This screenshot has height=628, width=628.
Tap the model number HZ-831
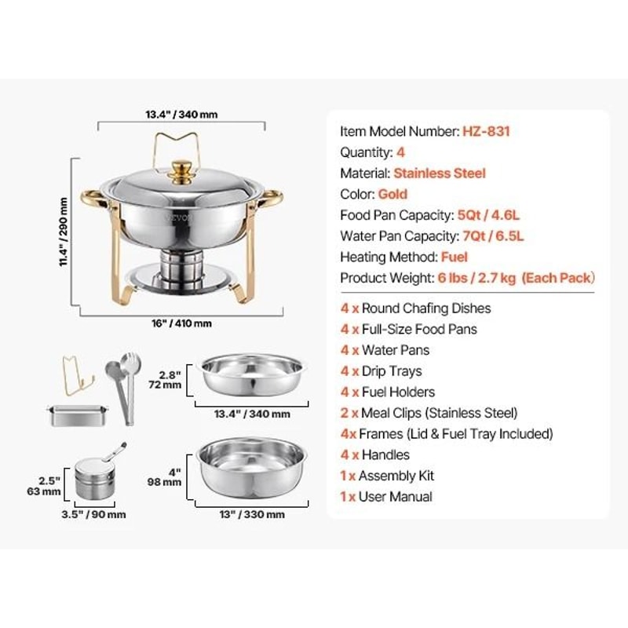point(486,132)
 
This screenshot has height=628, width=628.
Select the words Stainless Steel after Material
point(440,173)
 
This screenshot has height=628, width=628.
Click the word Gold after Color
point(392,194)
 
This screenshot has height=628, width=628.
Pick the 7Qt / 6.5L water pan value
point(491,235)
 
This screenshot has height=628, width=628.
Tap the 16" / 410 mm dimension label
point(181,323)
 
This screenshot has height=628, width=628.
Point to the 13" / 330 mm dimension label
point(248,515)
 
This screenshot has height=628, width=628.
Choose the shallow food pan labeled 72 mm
point(252,375)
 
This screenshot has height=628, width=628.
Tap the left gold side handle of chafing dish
point(90,197)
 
